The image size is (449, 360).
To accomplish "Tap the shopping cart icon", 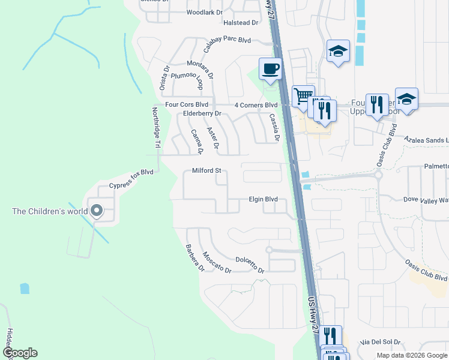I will pos(303,96).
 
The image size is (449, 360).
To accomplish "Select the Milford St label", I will pos(206,170).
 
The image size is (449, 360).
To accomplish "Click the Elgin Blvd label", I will pos(264,199).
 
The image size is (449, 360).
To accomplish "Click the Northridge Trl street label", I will pos(156,128).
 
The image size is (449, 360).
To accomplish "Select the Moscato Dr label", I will pos(217,262).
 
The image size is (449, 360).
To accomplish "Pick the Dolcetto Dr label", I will pos(250,265).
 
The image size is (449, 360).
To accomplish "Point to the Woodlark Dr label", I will pos(204,12).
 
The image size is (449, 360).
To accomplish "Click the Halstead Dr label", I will pos(240,22).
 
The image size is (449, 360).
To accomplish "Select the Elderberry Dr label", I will pos(202,113).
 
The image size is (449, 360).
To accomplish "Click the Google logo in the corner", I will pos(20,353).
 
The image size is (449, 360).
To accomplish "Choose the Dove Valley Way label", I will pos(426,199).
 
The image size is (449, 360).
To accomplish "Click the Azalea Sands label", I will pos(426,139).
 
